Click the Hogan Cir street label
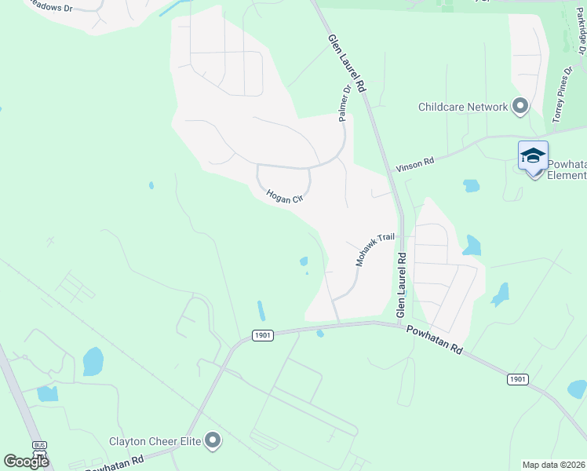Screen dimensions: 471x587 click(x=284, y=196)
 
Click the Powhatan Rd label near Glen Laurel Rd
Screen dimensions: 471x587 click(x=433, y=341)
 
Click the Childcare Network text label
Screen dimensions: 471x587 click(x=463, y=107)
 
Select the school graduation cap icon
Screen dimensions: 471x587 click(x=533, y=155)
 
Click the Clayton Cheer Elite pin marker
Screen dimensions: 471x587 click(x=213, y=441)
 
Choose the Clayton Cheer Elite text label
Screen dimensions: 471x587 click(x=156, y=442)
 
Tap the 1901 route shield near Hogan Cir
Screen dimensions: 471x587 click(x=263, y=335)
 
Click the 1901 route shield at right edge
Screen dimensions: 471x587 click(x=517, y=379)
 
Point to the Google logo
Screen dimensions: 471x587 click(x=26, y=462)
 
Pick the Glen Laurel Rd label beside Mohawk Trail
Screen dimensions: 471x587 click(x=401, y=285)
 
